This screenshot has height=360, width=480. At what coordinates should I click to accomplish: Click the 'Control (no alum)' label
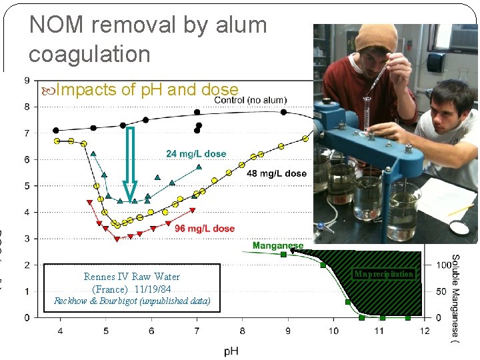[251, 100]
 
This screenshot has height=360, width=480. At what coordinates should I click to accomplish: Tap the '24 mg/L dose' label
[196, 154]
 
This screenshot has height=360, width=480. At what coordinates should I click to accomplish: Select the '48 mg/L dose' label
[277, 173]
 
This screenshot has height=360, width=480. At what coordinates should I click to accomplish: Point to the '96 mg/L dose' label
[205, 228]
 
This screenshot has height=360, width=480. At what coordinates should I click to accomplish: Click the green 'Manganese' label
[277, 246]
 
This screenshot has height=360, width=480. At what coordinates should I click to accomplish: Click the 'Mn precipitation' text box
[384, 274]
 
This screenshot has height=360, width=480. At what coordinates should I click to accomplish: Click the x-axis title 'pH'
[231, 349]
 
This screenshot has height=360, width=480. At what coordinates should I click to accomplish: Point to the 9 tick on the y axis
[27, 81]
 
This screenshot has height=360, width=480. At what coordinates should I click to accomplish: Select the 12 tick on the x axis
[425, 331]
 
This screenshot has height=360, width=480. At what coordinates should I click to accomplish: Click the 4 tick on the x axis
[60, 331]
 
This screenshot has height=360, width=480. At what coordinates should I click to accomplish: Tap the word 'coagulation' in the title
[89, 54]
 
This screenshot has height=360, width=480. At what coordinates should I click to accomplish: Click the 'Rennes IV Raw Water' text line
[131, 277]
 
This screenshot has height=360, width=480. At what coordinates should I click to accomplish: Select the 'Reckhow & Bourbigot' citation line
[131, 301]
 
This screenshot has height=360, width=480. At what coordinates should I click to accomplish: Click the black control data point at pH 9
[283, 112]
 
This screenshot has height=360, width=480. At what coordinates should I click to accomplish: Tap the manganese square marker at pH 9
[283, 254]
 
